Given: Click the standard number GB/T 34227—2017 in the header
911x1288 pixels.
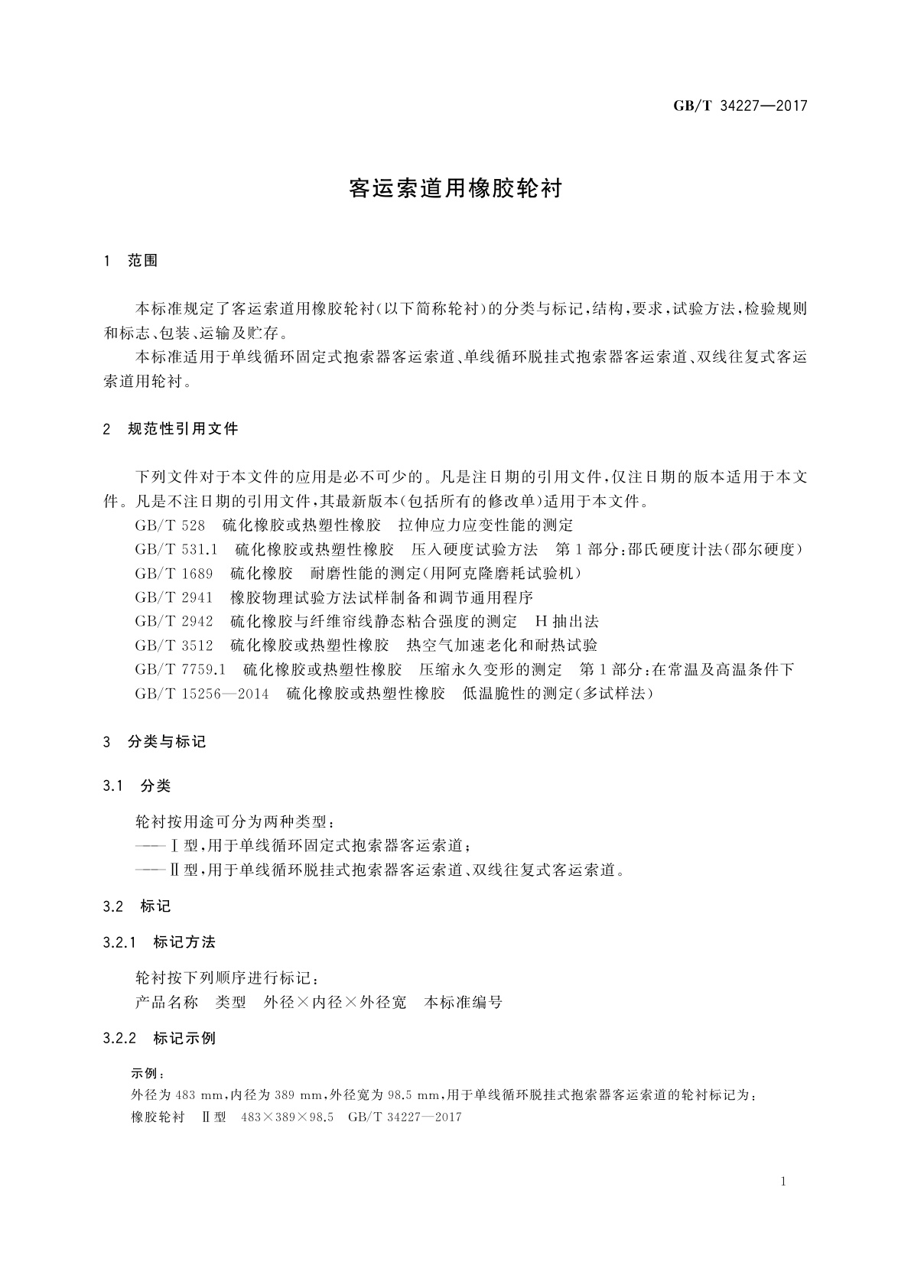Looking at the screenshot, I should (x=740, y=106).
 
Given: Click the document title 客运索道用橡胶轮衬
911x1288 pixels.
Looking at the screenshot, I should (x=455, y=189).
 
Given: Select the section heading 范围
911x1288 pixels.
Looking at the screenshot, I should (x=142, y=261).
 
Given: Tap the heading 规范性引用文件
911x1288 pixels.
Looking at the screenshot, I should (x=183, y=429).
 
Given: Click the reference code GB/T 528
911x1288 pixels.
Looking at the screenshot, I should (x=170, y=525).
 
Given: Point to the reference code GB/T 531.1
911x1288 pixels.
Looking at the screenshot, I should (x=177, y=549).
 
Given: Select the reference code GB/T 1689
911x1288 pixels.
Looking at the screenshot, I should (x=174, y=573).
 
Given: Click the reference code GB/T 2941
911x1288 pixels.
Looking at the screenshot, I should (x=174, y=597).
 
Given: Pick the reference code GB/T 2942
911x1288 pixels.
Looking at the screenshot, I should (x=174, y=621).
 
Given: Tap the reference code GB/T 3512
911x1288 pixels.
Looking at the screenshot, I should (x=174, y=645).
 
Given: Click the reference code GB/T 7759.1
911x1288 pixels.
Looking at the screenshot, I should (x=180, y=669).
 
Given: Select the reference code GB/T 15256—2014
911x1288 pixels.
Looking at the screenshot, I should (x=202, y=694).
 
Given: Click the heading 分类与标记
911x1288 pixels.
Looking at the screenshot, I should (x=167, y=742).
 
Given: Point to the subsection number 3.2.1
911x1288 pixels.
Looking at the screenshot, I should (x=119, y=942).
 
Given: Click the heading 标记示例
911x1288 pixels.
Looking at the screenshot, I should (x=184, y=1039).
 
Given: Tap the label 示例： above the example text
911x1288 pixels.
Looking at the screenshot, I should (x=148, y=1074).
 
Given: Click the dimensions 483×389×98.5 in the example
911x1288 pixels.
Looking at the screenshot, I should (x=287, y=1117).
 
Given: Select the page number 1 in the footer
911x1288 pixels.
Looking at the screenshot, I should (x=783, y=1182).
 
